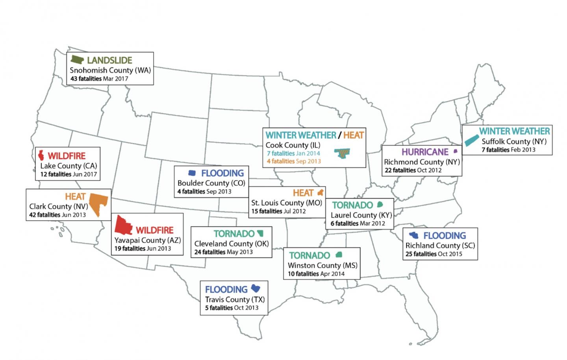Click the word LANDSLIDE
pos(109,60)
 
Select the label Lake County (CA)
pos(69,166)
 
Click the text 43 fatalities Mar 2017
pos(99,79)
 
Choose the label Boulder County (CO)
pos(211,183)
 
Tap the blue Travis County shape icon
pos(256,288)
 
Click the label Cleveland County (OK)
pos(232,244)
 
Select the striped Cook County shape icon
pos(342,153)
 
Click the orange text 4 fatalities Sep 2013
pos(293,161)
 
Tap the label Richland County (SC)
pos(440,245)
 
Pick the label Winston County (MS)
pos(322,265)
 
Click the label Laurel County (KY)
pos(361,215)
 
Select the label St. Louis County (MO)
pos(287,203)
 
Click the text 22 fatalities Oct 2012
pos(412,170)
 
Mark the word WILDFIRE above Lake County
pos(67,156)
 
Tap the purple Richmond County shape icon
pos(456,151)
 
